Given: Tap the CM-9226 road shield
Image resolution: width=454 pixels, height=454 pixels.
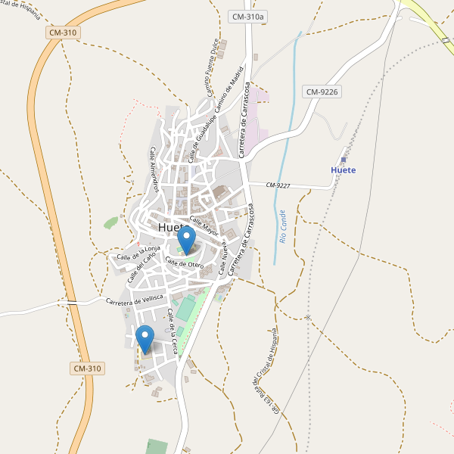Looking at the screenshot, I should [322, 92].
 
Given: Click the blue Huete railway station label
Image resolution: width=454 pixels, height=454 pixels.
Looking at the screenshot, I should [344, 169].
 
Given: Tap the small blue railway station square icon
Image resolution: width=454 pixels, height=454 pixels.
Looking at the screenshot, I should [343, 160].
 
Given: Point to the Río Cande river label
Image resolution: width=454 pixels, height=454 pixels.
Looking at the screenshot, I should [282, 227].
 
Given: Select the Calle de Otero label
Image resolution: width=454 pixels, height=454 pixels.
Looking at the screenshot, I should [185, 263].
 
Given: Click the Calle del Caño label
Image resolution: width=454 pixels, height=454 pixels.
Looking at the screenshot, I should [141, 269].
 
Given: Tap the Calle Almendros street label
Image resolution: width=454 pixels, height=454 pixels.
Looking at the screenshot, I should [153, 169].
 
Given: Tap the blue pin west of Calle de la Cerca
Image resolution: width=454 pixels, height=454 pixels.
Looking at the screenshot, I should [145, 339].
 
